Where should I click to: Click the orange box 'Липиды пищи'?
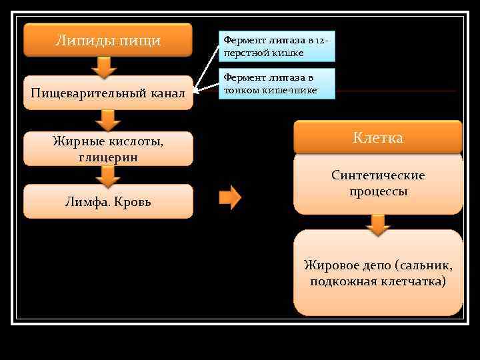pyautogui.click(x=108, y=40)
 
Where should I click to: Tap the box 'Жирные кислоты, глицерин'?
pyautogui.click(x=108, y=149)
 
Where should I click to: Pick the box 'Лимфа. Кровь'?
pyautogui.click(x=108, y=201)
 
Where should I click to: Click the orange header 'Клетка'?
pyautogui.click(x=378, y=138)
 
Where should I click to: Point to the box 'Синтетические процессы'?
pyautogui.click(x=378, y=183)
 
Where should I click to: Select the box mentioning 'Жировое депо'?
pyautogui.click(x=378, y=273)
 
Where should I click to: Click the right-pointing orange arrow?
pyautogui.click(x=230, y=197)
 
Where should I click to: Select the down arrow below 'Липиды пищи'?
pyautogui.click(x=103, y=67)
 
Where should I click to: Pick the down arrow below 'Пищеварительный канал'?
pyautogui.click(x=107, y=121)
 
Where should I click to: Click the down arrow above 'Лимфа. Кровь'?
pyautogui.click(x=107, y=176)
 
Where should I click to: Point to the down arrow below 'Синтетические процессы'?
pyautogui.click(x=378, y=224)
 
